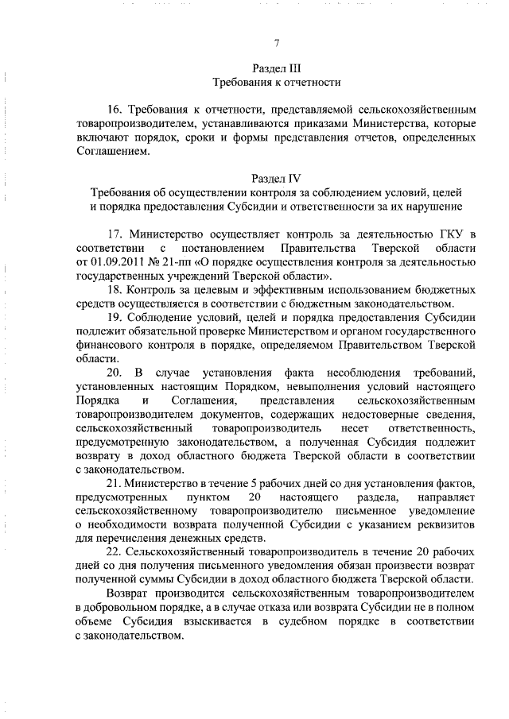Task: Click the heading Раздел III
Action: point(276,68)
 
